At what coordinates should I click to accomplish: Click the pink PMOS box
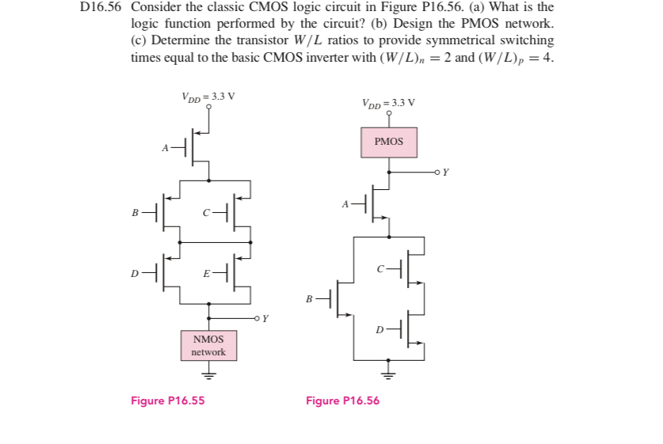pyautogui.click(x=388, y=142)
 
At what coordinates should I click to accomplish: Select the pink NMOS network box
pyautogui.click(x=208, y=346)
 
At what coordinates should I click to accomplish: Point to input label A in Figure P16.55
pyautogui.click(x=165, y=147)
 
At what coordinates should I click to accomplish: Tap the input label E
pyautogui.click(x=206, y=274)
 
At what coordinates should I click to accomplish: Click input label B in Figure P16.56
pyautogui.click(x=310, y=300)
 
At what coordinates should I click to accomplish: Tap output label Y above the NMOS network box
pyautogui.click(x=265, y=319)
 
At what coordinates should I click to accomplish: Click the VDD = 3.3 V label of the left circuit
pyautogui.click(x=208, y=97)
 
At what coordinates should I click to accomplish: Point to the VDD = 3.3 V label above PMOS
pyautogui.click(x=388, y=103)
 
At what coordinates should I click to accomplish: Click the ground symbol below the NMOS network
pyautogui.click(x=208, y=374)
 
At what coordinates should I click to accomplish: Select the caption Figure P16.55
pyautogui.click(x=167, y=400)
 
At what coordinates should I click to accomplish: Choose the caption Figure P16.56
pyautogui.click(x=342, y=400)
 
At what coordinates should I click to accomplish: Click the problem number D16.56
pyautogui.click(x=102, y=7)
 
